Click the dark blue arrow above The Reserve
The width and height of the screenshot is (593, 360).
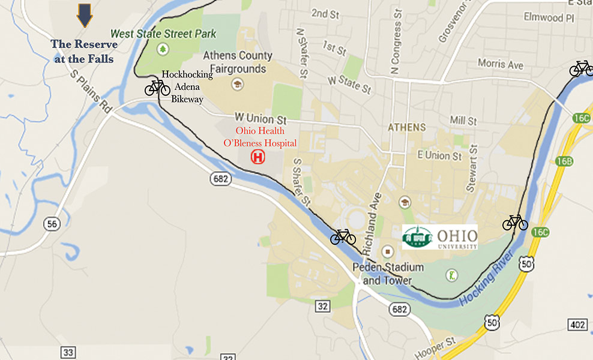click(85, 15)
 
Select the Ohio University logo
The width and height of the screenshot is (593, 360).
click(439, 237)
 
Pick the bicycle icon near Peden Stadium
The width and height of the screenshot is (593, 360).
click(343, 237)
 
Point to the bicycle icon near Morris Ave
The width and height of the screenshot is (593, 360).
click(581, 68)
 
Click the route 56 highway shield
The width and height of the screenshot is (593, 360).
click(52, 224)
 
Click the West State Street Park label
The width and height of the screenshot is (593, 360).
click(163, 34)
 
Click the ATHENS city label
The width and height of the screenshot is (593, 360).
click(406, 127)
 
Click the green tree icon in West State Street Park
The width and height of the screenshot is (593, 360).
click(161, 48)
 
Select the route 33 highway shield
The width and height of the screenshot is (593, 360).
click(68, 351)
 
